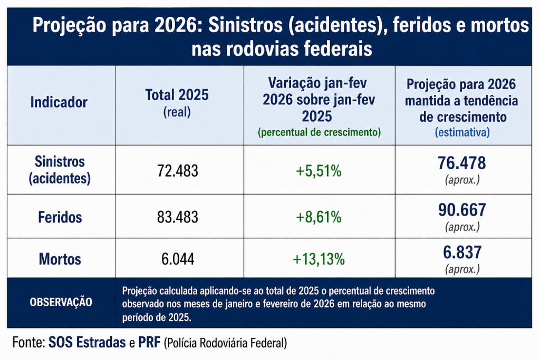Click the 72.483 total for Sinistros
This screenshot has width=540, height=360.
[178, 171]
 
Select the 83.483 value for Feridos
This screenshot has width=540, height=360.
[178, 217]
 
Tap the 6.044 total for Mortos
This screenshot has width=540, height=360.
[178, 259]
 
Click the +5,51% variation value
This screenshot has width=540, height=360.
[319, 171]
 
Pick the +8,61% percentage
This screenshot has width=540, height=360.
[319, 217]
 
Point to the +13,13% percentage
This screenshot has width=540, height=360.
[319, 259]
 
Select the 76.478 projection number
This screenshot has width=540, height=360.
[462, 163]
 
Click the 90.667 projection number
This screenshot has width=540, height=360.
[462, 210]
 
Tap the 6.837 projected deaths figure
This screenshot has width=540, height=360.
[462, 252]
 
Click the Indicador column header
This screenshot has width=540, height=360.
[59, 102]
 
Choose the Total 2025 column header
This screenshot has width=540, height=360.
[177, 95]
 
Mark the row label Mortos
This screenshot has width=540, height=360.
[60, 259]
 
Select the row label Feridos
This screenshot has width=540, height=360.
[60, 217]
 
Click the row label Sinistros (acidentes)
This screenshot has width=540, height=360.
[60, 170]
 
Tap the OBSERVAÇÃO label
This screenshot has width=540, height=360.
[61, 303]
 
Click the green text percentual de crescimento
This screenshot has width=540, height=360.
[319, 132]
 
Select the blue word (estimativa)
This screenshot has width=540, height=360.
[462, 132]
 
